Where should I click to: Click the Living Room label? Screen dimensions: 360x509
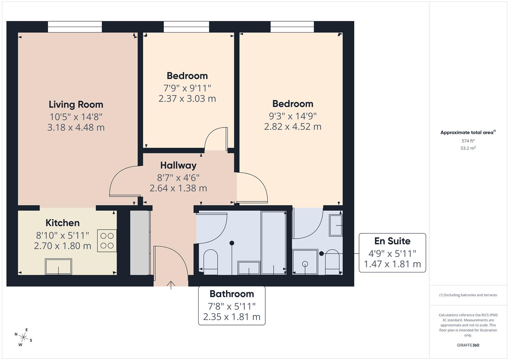click(x=76, y=105)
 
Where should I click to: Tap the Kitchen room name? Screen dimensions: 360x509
click(x=62, y=223)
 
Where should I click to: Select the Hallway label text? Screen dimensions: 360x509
click(x=178, y=165)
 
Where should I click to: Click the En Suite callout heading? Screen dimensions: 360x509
click(x=392, y=241)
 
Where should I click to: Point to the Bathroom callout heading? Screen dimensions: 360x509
click(x=232, y=294)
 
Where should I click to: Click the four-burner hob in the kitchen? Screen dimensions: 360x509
click(x=107, y=241)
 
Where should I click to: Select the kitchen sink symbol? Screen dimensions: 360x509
click(x=58, y=266)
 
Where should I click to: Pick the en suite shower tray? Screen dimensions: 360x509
click(x=305, y=262)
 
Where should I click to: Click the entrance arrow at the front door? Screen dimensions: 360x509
click(x=171, y=285)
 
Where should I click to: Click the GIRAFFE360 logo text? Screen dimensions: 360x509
click(x=468, y=345)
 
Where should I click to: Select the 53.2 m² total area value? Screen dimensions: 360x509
click(x=468, y=148)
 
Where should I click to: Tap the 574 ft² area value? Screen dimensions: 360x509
click(x=468, y=141)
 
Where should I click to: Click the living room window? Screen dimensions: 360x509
click(x=75, y=27)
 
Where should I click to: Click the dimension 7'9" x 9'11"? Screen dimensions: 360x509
click(x=187, y=88)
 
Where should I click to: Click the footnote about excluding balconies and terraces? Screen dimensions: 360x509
click(x=468, y=295)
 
